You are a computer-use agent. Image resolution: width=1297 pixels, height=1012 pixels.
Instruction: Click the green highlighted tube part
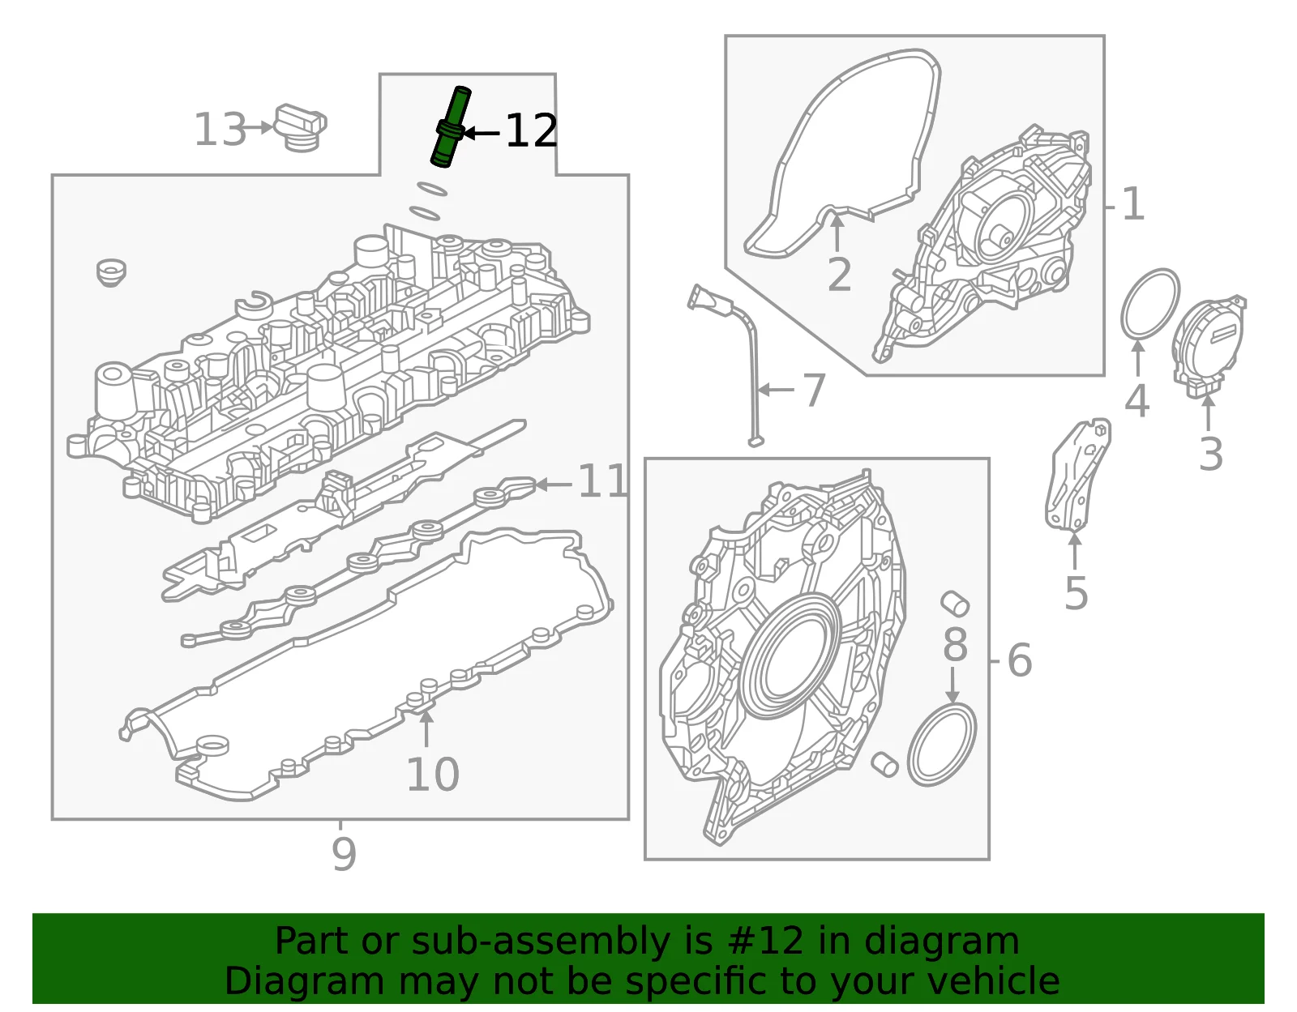(x=451, y=127)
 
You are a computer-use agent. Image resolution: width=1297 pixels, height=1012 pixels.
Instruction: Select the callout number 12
(x=531, y=130)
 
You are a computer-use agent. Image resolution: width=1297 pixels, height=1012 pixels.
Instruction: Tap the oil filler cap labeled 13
(x=300, y=128)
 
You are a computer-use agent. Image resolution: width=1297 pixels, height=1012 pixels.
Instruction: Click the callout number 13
(x=220, y=130)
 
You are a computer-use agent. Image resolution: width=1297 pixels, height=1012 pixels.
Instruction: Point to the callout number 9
(x=344, y=855)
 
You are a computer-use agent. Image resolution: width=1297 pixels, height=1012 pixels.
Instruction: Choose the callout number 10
(x=433, y=774)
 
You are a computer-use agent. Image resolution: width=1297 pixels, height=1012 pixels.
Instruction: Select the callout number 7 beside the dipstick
(x=814, y=391)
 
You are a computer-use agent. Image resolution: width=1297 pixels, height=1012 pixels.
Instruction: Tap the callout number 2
(x=839, y=275)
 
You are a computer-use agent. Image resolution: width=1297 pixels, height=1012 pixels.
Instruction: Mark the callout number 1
(x=1133, y=204)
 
